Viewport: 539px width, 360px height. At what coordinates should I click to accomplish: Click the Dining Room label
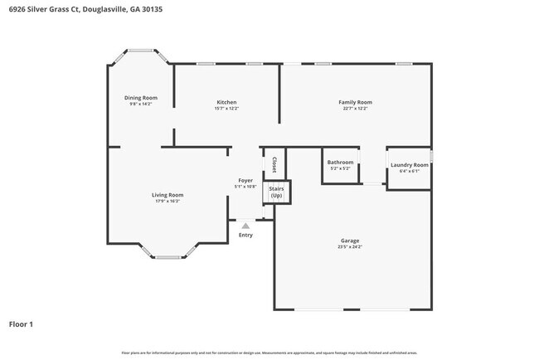(x=140, y=98)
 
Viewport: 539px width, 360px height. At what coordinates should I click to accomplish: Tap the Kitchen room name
(x=226, y=102)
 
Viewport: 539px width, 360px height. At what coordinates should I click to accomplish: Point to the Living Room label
(x=167, y=195)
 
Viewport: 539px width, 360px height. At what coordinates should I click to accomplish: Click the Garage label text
(x=349, y=241)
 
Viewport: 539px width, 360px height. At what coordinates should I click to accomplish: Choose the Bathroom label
(x=340, y=162)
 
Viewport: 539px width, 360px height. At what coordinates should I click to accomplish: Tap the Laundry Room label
(x=409, y=165)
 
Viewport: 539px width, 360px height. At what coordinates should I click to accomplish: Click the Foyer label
(x=245, y=180)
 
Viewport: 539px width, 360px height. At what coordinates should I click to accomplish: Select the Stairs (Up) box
(x=276, y=192)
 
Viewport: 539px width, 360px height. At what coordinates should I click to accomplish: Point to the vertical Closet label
(x=274, y=163)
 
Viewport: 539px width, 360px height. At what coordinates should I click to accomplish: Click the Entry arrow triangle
(x=245, y=225)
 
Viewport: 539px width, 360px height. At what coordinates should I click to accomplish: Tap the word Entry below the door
(x=245, y=235)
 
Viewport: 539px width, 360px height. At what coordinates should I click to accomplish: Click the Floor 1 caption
(x=21, y=324)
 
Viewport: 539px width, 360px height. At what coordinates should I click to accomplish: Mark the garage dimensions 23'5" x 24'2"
(x=349, y=246)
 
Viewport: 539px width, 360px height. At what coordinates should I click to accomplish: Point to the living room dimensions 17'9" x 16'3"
(x=167, y=201)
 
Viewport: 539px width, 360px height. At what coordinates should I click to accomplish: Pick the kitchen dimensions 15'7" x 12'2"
(x=226, y=108)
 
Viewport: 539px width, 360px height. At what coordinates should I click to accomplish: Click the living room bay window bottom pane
(x=168, y=256)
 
